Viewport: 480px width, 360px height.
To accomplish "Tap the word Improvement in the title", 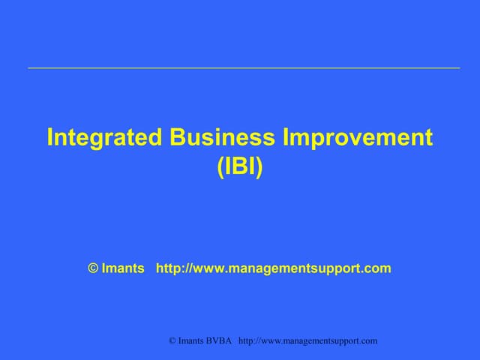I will pyautogui.click(x=359, y=138).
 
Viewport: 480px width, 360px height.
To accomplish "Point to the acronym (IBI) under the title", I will pyautogui.click(x=240, y=166).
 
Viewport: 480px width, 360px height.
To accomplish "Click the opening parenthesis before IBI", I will pyautogui.click(x=220, y=166).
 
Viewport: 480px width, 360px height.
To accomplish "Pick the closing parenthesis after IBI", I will pyautogui.click(x=259, y=166).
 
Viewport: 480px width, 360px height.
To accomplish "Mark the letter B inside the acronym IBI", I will pyautogui.click(x=240, y=166).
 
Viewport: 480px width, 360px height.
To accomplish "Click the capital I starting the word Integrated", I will pyautogui.click(x=50, y=138).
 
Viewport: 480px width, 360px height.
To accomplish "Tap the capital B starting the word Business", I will pyautogui.click(x=177, y=138).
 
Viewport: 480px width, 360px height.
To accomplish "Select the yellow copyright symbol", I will pyautogui.click(x=94, y=268).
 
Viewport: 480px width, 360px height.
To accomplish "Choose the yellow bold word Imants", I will pyautogui.click(x=124, y=268).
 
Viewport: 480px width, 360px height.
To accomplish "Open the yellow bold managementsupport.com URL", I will pyautogui.click(x=273, y=268).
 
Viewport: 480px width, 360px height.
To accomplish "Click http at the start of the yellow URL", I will pyautogui.click(x=168, y=268).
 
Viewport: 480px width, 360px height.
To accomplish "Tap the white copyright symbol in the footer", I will pyautogui.click(x=172, y=341).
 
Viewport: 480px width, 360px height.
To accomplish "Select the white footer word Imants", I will pyautogui.click(x=193, y=341).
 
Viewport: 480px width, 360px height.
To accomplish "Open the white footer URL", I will pyautogui.click(x=307, y=341).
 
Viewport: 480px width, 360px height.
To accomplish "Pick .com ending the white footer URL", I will pyautogui.click(x=367, y=341).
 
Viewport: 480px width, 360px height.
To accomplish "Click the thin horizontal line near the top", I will pyautogui.click(x=244, y=68).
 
